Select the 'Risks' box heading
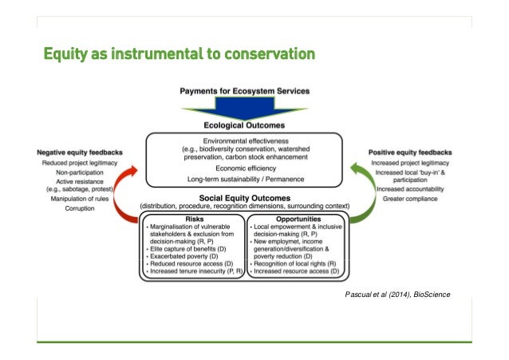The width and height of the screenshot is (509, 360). pos(194,217)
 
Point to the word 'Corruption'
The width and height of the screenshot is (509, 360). pos(77,208)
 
